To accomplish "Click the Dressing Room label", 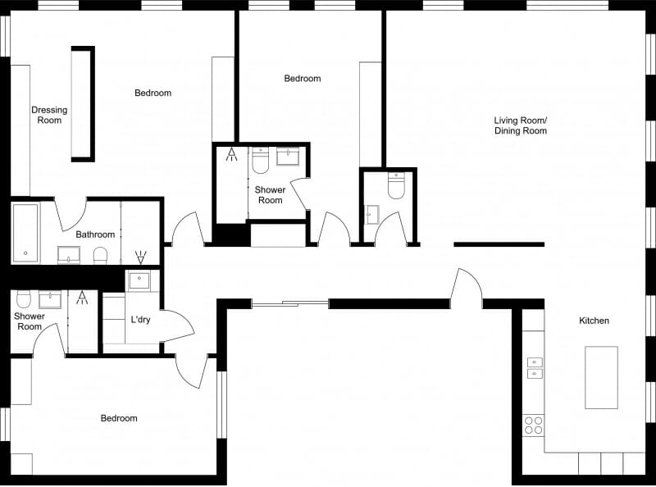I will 49,115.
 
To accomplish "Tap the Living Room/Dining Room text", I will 520,125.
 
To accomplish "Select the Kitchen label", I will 594,321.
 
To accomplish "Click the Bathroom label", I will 95,234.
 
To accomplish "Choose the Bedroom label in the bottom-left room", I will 119,418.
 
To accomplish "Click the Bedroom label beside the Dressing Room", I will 153,93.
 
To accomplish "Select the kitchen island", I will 601,377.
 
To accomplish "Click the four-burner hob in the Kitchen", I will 533,425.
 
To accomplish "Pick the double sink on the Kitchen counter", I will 534,368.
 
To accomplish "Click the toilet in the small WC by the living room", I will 396,186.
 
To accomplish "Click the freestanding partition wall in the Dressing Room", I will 83,103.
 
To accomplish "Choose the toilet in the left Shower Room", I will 23,297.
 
